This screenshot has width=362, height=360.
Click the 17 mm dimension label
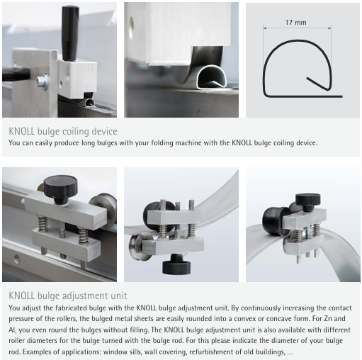(295, 23)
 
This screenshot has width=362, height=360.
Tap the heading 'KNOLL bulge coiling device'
(63, 131)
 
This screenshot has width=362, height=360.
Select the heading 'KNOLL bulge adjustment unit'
(68, 296)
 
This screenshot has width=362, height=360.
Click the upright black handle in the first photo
(70, 33)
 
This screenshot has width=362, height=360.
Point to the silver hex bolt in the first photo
(43, 82)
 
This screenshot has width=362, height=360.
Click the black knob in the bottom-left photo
(60, 189)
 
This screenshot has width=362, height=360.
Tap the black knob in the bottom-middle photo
(176, 264)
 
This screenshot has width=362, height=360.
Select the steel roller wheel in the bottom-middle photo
(138, 245)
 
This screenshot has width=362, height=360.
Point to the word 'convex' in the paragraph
(245, 319)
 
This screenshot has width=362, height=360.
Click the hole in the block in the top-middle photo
(130, 26)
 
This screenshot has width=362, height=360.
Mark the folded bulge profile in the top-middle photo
(211, 77)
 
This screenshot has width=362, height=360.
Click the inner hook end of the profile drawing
(307, 78)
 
